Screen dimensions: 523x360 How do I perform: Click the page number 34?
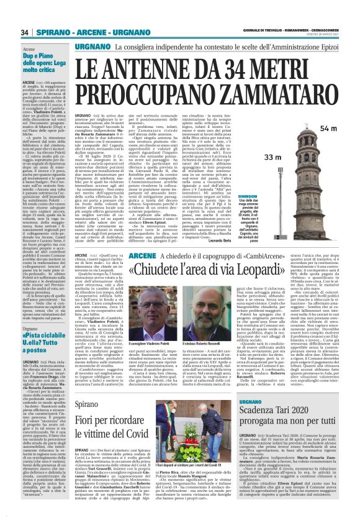25,32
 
